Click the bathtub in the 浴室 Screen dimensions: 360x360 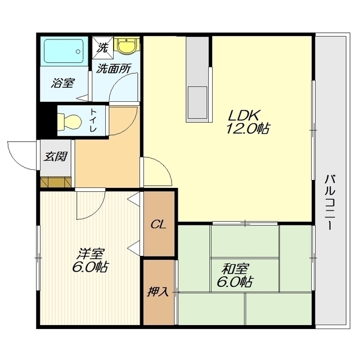64,51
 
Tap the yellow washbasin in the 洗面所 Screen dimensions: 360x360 127,46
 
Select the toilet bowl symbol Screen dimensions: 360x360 69,121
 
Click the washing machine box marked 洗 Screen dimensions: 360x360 103,47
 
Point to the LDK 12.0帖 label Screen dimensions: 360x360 247,121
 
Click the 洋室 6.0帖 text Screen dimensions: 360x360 90,260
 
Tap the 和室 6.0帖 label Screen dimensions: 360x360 235,275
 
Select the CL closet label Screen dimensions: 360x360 158,224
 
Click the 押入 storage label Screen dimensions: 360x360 158,291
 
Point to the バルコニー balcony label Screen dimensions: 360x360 330,202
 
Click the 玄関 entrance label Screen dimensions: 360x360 55,156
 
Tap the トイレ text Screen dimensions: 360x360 93,120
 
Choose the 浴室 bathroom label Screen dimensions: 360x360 62,83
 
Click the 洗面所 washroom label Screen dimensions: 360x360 114,69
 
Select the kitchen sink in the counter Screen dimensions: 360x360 197,102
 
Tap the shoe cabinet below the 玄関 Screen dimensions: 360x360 56,182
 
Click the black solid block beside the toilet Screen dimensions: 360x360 47,121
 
